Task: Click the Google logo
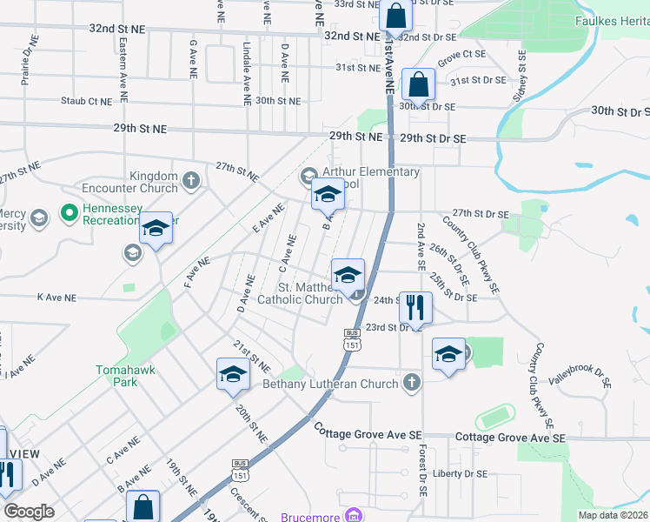tap(28, 512)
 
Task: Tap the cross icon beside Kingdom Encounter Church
tap(192, 182)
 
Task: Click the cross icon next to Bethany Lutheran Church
tap(412, 383)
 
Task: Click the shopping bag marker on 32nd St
tap(395, 17)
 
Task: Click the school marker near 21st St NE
tap(233, 375)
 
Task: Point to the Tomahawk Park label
tap(126, 376)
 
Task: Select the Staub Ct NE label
tap(86, 101)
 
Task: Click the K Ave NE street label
tap(56, 298)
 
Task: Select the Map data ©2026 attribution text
tap(612, 515)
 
